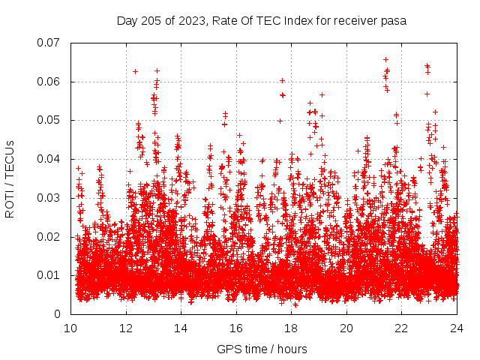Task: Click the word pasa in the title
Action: coord(394,21)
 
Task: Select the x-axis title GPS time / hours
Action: coord(263,349)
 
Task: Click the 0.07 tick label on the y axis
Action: coord(49,43)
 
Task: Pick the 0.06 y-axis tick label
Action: coord(49,82)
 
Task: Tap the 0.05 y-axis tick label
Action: coord(49,120)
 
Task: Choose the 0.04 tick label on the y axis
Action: coord(49,159)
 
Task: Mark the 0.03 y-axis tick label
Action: coord(49,198)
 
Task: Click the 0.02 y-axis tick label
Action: coord(49,236)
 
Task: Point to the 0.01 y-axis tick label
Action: coord(49,275)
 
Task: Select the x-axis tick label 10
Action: coord(70,328)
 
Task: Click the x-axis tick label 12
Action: coord(126,328)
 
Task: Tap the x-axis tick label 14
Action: coord(181,328)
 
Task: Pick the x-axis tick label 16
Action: coord(236,328)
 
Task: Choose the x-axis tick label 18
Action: coord(291,328)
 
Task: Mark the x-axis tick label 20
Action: coord(346,328)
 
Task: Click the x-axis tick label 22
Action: coord(401,328)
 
